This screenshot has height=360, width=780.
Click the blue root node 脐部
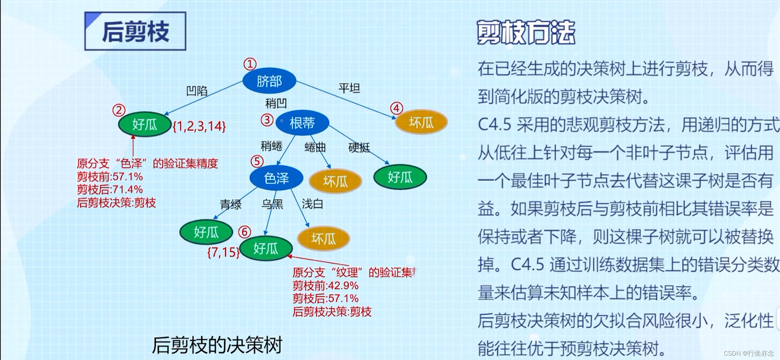click(269, 81)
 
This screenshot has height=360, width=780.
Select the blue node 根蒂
click(302, 123)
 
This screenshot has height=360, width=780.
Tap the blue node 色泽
click(276, 178)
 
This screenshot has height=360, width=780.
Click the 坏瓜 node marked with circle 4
click(421, 122)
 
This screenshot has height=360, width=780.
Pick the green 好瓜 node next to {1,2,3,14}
click(145, 125)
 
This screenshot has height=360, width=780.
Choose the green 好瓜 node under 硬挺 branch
click(400, 177)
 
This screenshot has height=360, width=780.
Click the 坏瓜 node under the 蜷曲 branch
click(335, 181)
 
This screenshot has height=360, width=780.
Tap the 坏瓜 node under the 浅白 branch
click(323, 238)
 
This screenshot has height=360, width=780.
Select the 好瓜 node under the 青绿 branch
click(206, 232)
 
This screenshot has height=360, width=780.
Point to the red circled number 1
click(250, 64)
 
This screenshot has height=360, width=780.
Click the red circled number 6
click(244, 232)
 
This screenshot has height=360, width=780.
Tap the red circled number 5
click(257, 161)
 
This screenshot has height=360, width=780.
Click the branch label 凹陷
click(197, 91)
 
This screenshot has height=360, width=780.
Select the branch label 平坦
click(349, 88)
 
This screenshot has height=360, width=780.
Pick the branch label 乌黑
click(272, 204)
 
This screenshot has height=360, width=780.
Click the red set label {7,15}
click(223, 252)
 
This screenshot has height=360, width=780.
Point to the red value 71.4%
click(126, 190)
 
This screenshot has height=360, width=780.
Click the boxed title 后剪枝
click(135, 31)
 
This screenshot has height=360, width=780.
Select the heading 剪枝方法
click(526, 33)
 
